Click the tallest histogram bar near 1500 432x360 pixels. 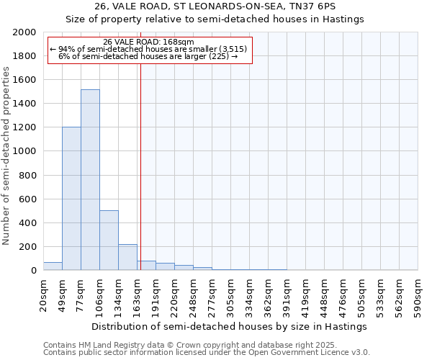pyautogui.click(x=90, y=180)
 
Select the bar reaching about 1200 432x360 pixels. pyautogui.click(x=71, y=199)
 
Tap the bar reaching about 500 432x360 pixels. pyautogui.click(x=109, y=240)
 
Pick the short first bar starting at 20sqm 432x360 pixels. pyautogui.click(x=53, y=266)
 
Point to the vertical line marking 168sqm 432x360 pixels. pyautogui.click(x=140, y=166)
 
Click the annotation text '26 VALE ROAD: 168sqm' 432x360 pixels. pyautogui.click(x=149, y=42)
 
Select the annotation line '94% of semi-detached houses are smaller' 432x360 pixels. pyautogui.click(x=149, y=49)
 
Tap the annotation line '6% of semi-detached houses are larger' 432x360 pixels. pyautogui.click(x=149, y=56)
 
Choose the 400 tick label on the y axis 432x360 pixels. pyautogui.click(x=28, y=222)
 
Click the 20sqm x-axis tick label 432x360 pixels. pyautogui.click(x=43, y=292)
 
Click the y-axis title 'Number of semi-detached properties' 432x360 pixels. pyautogui.click(x=6, y=155)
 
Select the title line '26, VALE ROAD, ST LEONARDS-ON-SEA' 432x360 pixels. pyautogui.click(x=215, y=6)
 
